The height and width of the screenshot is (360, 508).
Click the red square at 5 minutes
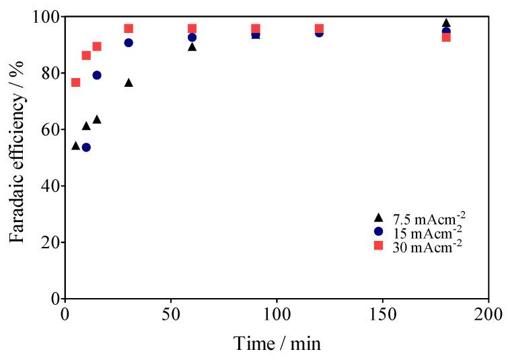[75, 82]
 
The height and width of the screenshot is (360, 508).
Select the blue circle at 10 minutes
[86, 147]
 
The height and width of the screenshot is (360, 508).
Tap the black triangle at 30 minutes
[129, 83]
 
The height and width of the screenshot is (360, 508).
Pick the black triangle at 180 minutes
[446, 23]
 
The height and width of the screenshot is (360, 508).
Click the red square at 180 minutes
[446, 37]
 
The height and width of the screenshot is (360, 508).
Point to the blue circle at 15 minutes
[97, 75]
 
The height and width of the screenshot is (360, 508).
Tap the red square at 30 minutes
[129, 28]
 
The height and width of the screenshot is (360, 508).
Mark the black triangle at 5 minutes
[75, 146]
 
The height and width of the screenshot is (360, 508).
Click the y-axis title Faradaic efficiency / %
[18, 157]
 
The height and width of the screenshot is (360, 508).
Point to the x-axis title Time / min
[277, 343]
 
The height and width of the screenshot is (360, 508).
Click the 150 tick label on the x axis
[383, 315]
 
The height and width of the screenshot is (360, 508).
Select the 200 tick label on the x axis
[488, 315]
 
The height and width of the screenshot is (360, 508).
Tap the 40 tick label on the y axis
[47, 186]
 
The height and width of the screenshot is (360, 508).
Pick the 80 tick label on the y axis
[47, 73]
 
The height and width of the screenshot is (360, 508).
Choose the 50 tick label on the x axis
[171, 315]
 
